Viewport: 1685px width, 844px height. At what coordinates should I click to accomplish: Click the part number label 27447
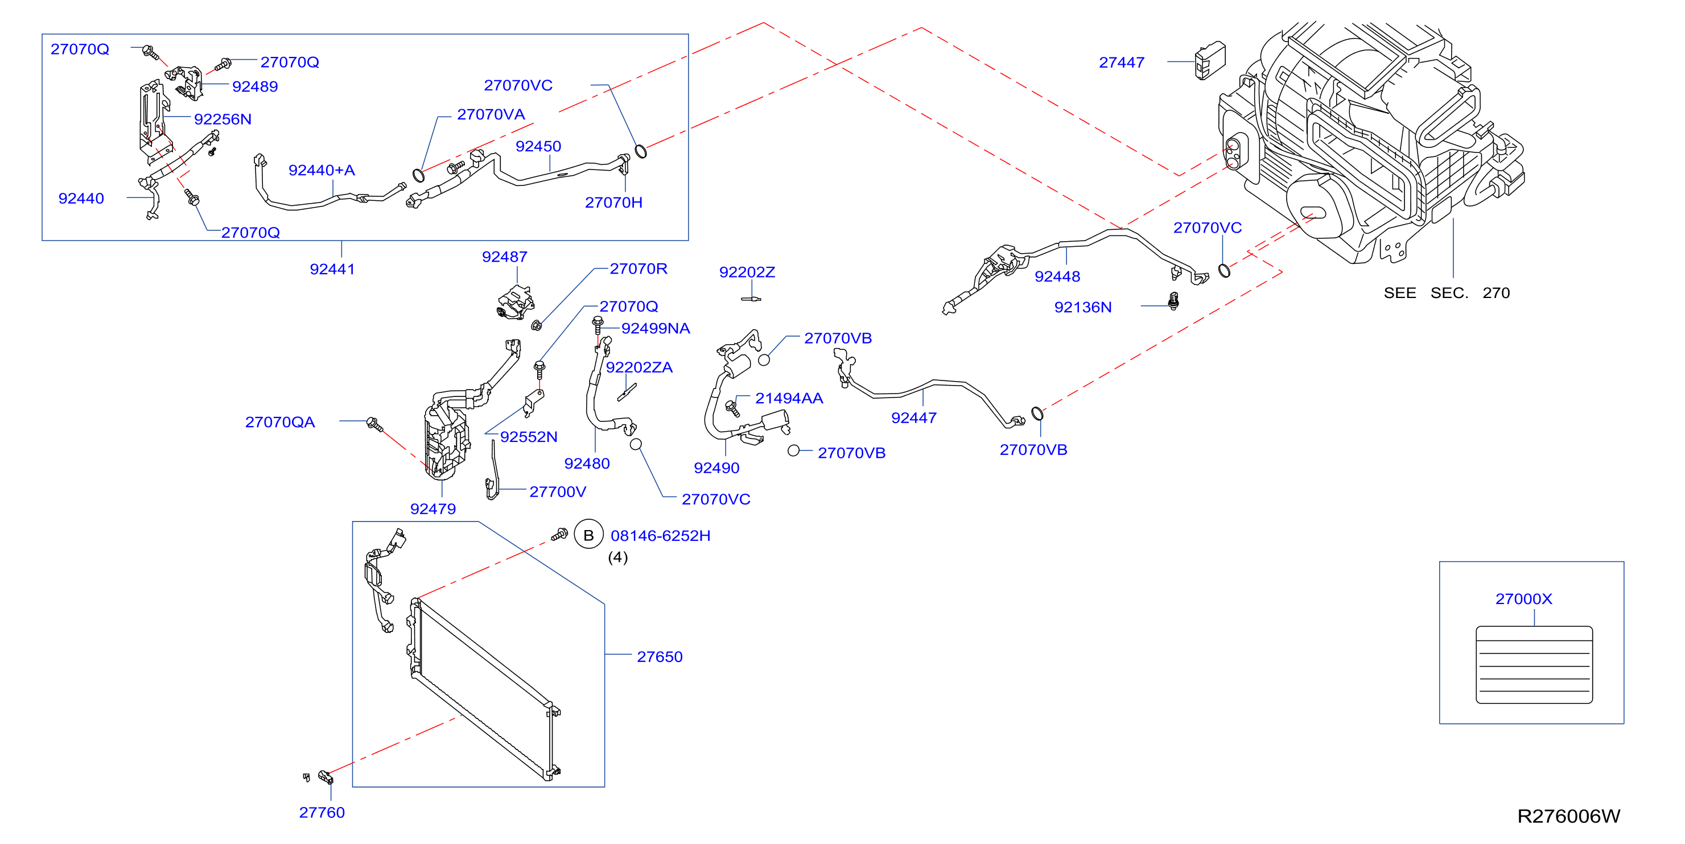pyautogui.click(x=1121, y=63)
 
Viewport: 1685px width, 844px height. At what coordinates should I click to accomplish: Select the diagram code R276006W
pyautogui.click(x=1568, y=816)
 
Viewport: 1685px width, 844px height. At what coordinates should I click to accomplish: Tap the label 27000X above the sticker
pyautogui.click(x=1523, y=599)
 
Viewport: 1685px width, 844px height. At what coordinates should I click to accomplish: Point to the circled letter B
pyautogui.click(x=588, y=535)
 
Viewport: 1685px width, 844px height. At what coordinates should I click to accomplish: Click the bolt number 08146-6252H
pyautogui.click(x=660, y=535)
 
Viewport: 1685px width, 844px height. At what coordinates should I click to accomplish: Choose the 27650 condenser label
pyautogui.click(x=660, y=656)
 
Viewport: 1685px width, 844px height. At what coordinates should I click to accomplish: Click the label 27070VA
pyautogui.click(x=491, y=114)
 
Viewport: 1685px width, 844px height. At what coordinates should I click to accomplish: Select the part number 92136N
pyautogui.click(x=1082, y=307)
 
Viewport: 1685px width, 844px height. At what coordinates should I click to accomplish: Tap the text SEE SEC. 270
pyautogui.click(x=1446, y=293)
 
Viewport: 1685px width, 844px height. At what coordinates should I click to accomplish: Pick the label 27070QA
pyautogui.click(x=280, y=423)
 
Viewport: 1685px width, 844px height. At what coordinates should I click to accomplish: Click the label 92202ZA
pyautogui.click(x=639, y=367)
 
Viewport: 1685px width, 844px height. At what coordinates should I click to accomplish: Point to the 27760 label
pyautogui.click(x=322, y=813)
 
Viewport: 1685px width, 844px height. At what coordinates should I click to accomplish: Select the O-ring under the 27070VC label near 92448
pyautogui.click(x=1224, y=270)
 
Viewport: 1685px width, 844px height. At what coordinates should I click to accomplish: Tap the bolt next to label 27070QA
pyautogui.click(x=374, y=424)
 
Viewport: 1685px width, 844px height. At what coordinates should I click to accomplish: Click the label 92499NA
pyautogui.click(x=656, y=328)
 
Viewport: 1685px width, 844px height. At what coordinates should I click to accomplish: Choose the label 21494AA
pyautogui.click(x=789, y=398)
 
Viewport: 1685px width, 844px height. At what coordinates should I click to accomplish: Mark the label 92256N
pyautogui.click(x=223, y=119)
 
